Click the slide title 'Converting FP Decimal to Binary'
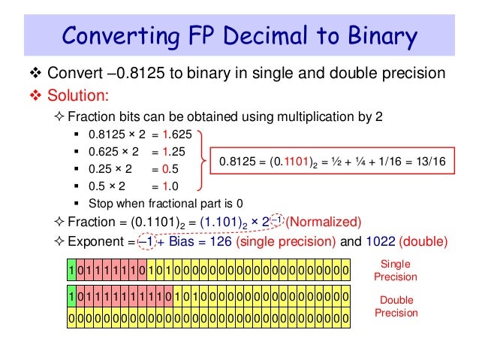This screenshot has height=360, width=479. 239,35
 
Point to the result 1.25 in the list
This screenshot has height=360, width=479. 172,154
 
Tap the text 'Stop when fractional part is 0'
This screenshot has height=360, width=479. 164,204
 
